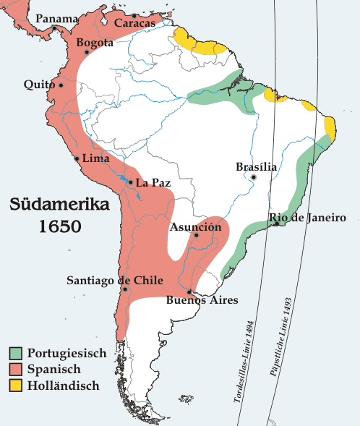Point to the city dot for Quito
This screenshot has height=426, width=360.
61,85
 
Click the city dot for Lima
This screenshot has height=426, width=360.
77,158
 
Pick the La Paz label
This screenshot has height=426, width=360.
153,182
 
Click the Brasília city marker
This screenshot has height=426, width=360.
254,176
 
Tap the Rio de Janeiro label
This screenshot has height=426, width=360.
307,218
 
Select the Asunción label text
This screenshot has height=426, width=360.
195,227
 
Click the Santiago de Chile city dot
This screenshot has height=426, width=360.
125,289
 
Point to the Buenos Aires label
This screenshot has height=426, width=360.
202,299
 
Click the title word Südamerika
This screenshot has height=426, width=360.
60,204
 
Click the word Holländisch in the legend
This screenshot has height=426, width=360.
63,385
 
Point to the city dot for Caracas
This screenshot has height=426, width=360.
134,15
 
